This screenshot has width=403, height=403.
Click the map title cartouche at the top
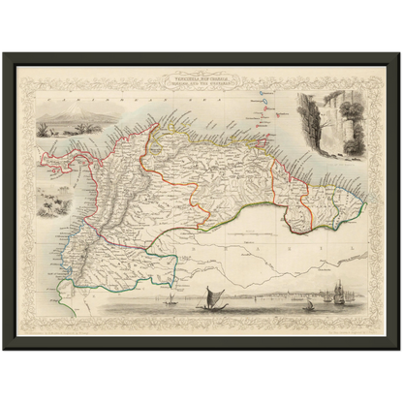(x=202, y=88)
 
